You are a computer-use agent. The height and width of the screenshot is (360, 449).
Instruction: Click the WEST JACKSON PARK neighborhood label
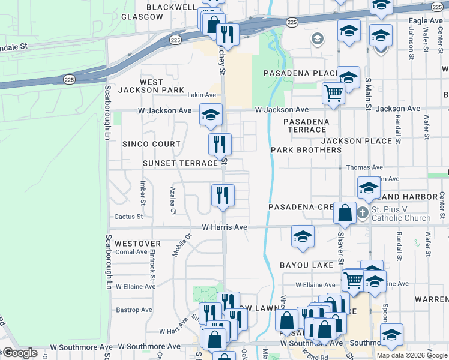click(151, 86)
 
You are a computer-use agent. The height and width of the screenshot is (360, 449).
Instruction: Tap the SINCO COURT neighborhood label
click(151, 144)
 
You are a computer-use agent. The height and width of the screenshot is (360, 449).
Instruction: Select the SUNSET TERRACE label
click(179, 163)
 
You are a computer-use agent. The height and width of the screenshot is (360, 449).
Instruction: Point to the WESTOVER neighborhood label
click(137, 244)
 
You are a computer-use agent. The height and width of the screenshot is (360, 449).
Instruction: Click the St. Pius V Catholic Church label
click(401, 214)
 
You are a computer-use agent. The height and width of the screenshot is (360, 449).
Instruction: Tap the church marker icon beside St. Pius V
click(362, 212)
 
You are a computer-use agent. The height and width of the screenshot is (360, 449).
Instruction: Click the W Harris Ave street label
click(224, 227)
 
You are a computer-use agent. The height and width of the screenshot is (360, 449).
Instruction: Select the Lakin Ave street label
click(201, 95)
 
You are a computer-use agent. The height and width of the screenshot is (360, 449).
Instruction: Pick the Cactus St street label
click(128, 217)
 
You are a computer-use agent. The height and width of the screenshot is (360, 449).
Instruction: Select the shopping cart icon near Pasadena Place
click(333, 93)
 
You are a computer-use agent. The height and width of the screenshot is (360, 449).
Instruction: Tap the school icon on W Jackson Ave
click(211, 115)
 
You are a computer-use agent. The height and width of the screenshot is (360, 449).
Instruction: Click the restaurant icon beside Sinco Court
click(220, 144)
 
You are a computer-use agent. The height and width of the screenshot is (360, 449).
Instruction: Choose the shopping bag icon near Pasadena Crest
click(345, 212)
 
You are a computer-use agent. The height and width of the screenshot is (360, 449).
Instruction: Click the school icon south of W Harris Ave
click(303, 236)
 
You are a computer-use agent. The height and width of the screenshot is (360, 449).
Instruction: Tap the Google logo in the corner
click(20, 353)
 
